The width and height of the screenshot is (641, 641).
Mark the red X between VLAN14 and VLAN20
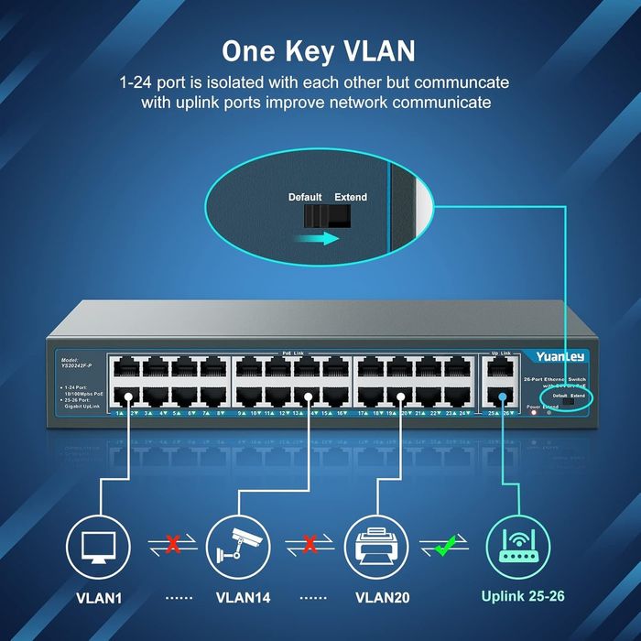tap(310, 547)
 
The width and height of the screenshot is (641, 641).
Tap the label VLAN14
tap(243, 600)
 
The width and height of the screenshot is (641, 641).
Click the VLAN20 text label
tap(386, 600)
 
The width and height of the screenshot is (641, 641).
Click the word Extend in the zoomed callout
tap(350, 197)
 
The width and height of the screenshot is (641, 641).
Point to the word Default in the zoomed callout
tap(306, 197)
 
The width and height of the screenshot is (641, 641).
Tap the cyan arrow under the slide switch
tap(320, 237)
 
